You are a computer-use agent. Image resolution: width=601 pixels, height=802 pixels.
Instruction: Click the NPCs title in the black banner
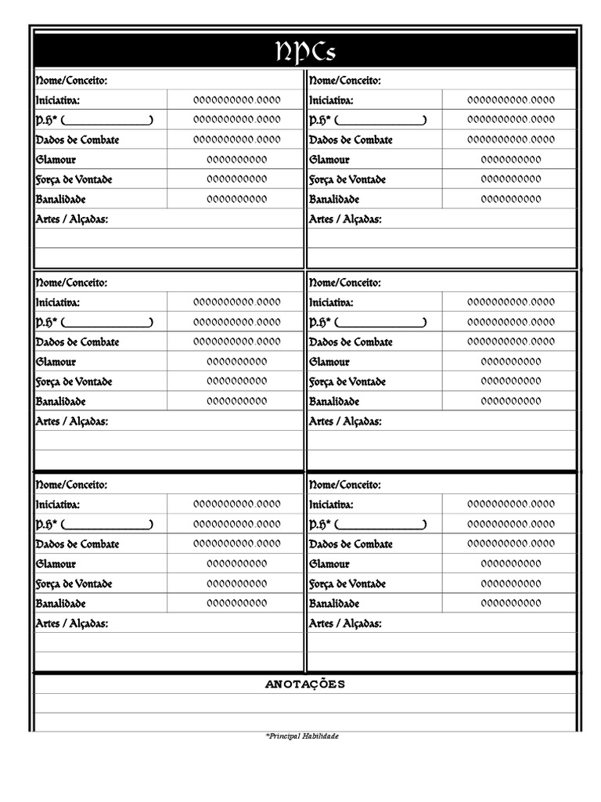click(x=306, y=52)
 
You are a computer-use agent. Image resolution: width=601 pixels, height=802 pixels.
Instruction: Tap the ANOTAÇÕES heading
click(x=305, y=685)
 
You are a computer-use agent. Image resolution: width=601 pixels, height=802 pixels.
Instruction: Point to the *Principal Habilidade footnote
click(x=302, y=736)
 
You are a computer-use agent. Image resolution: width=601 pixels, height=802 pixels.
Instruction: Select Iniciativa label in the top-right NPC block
click(x=331, y=100)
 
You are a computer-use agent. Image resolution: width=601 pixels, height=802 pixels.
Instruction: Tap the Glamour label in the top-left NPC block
click(x=56, y=160)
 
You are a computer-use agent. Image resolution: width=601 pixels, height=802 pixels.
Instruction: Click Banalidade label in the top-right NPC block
click(x=334, y=200)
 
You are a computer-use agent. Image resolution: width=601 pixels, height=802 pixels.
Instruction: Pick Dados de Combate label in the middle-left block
click(x=77, y=342)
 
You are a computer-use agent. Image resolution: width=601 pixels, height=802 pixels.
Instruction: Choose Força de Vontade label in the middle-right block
click(x=347, y=382)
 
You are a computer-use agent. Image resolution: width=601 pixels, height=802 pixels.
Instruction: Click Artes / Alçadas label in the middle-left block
click(x=72, y=421)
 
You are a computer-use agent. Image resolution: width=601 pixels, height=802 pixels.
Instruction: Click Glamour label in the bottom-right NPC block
click(x=329, y=564)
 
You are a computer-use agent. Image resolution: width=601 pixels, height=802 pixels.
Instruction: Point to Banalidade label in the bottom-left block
click(x=60, y=604)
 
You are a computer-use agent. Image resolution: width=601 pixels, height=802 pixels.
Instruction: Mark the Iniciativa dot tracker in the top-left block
click(x=236, y=100)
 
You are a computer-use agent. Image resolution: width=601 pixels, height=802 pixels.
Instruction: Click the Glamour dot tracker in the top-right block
click(x=510, y=160)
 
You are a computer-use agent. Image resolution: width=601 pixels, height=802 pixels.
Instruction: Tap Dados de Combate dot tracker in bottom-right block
click(x=510, y=544)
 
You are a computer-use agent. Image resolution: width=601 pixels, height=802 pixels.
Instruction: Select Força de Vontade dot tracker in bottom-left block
click(x=236, y=583)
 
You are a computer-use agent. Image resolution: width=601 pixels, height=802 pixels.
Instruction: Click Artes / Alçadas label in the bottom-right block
click(x=346, y=623)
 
